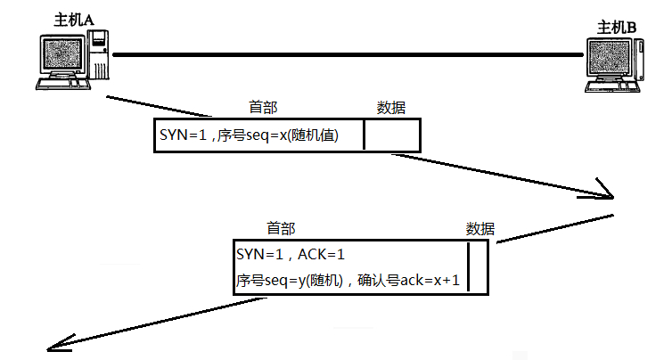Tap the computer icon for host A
click(x=72, y=61)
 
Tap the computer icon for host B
click(x=613, y=66)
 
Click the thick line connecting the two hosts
click(x=348, y=55)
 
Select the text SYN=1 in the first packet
click(x=183, y=135)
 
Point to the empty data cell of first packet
click(x=391, y=135)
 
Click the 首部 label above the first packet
click(x=264, y=108)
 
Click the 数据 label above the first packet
click(x=391, y=108)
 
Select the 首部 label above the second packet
click(x=281, y=228)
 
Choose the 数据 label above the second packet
click(x=481, y=228)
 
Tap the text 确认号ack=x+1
click(x=408, y=280)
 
